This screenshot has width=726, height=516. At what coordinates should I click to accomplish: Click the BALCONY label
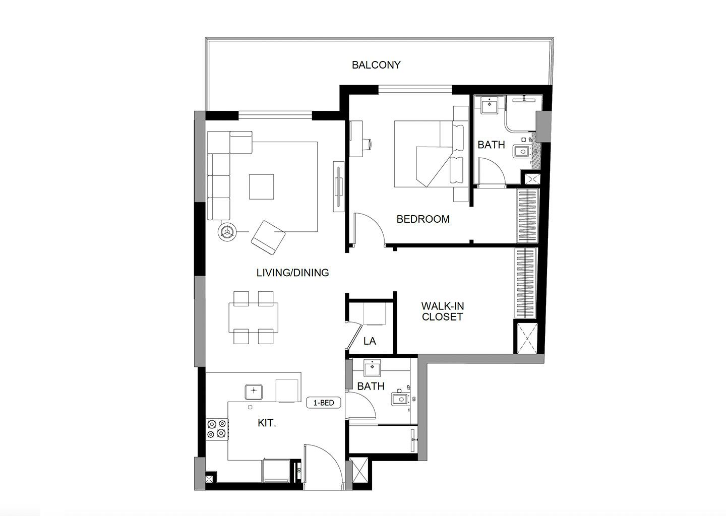click(376, 65)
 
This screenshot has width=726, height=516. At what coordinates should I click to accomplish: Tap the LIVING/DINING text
click(292, 273)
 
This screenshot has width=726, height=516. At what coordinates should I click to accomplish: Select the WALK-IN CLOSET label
click(443, 311)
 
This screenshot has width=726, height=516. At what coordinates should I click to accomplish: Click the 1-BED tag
click(324, 403)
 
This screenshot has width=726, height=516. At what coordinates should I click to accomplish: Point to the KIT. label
click(267, 423)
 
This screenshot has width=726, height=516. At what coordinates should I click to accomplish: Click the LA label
click(370, 341)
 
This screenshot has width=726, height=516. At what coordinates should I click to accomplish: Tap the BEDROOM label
click(423, 219)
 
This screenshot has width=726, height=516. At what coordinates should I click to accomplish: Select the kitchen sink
click(254, 392)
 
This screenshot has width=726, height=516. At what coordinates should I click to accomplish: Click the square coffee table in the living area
click(261, 186)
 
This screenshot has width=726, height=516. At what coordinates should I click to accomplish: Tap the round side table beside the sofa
click(227, 232)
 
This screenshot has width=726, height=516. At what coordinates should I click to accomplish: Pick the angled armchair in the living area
click(268, 237)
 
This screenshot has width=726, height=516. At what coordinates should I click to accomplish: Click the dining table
click(253, 317)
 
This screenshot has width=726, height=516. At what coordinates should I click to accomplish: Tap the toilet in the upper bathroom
click(521, 151)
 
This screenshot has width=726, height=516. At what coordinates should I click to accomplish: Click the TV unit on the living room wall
click(339, 186)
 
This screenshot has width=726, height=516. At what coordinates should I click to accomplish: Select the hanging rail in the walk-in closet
click(525, 283)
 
